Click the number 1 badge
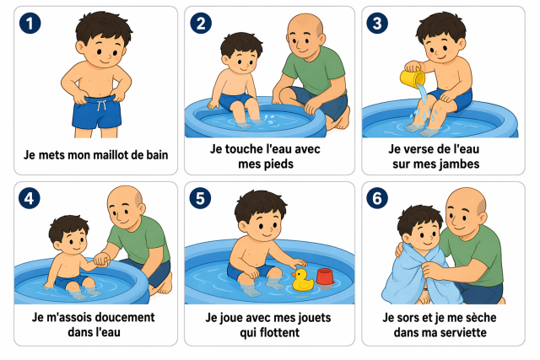(30, 24)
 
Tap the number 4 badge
(30, 198)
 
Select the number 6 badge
(377, 198)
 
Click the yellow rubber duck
(302, 279)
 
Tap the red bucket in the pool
(325, 277)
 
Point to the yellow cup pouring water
(413, 78)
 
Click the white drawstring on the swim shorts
(101, 105)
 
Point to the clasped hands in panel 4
(102, 260)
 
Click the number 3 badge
(377, 24)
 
